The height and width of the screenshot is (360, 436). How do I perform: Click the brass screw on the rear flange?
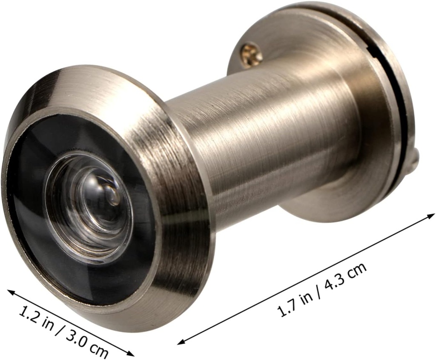pyautogui.click(x=251, y=54)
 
